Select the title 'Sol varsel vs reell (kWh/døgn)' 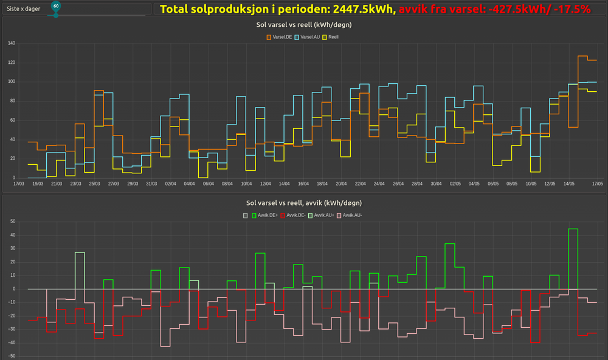click(x=304, y=25)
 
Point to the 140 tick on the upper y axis click(x=11, y=44)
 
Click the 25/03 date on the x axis click(x=94, y=183)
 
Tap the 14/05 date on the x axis click(x=568, y=183)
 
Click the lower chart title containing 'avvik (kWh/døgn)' click(x=304, y=202)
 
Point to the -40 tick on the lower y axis click(x=10, y=343)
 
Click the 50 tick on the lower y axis click(x=12, y=221)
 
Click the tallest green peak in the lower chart click(x=573, y=229)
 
